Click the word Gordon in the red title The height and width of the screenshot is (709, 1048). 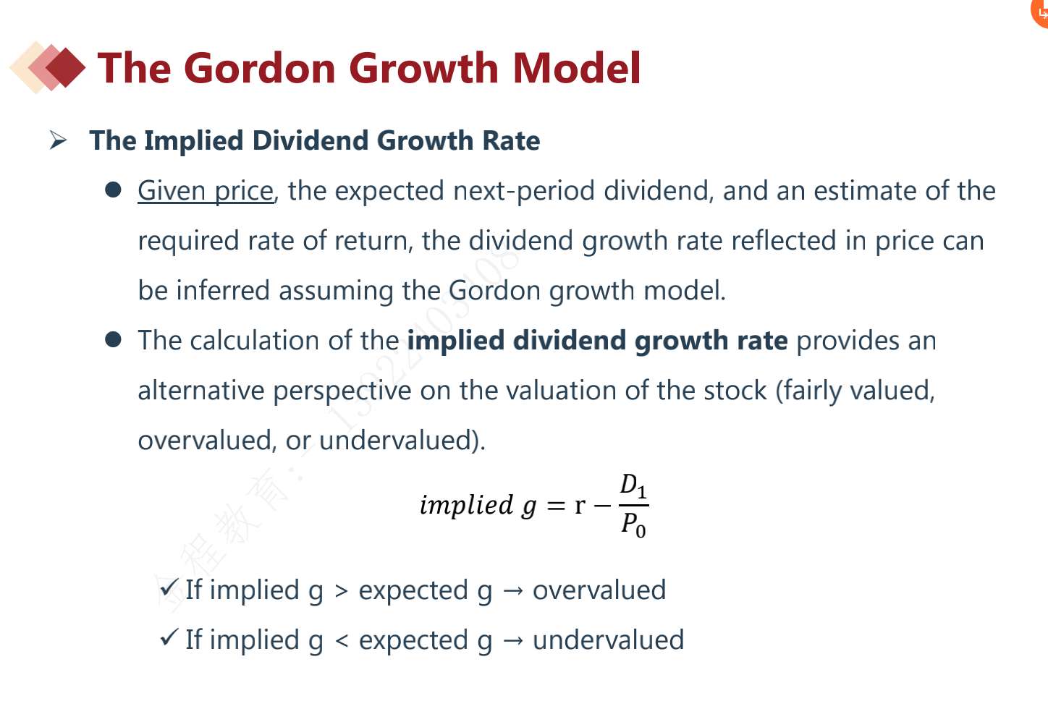coord(262,68)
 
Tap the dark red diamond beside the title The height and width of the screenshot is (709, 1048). coord(65,68)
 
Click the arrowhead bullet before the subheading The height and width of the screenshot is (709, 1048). coord(58,141)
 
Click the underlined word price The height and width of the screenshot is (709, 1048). coord(244,192)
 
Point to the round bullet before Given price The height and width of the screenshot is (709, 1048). coord(113,190)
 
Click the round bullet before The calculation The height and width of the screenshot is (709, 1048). coord(113,339)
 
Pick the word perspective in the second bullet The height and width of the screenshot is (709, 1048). coord(342,391)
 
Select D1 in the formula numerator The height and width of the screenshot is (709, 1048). coord(633,486)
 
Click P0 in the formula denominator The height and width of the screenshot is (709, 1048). coord(633,525)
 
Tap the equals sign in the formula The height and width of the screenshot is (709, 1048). coord(556,506)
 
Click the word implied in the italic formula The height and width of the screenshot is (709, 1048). coord(466,506)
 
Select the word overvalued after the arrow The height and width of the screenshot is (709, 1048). coord(599,590)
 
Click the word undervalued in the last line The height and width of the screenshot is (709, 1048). coord(608,640)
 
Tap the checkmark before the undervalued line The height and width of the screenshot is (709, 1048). coord(169,637)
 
